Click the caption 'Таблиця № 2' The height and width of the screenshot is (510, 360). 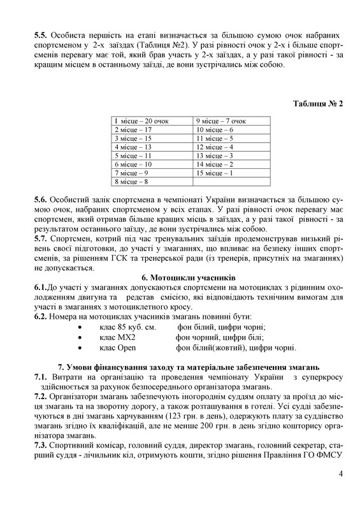pos(318,103)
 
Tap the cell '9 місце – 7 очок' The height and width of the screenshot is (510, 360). pos(221,120)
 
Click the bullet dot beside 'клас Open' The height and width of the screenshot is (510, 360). pos(79,348)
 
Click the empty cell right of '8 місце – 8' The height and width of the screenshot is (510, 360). pos(230,182)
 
